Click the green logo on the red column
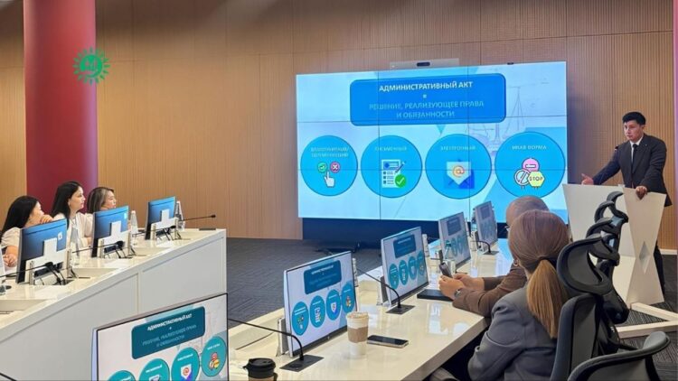tap(90, 65)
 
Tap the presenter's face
tap(634, 129)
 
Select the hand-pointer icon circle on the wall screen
tap(328, 166)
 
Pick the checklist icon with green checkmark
tap(391, 168)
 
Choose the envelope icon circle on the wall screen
tap(458, 168)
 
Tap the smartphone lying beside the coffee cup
tap(388, 340)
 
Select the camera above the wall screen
tap(425, 64)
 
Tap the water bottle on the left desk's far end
tap(179, 213)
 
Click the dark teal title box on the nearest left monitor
tap(167, 331)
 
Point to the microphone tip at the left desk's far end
tap(213, 216)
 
